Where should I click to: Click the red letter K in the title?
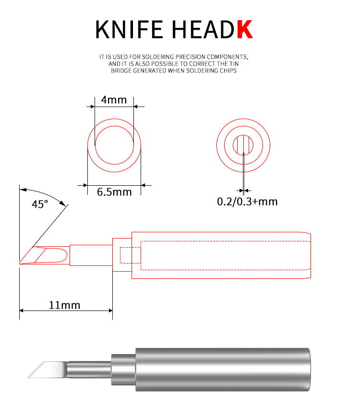click(x=245, y=29)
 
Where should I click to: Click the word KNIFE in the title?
click(x=129, y=29)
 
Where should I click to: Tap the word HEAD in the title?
click(x=203, y=29)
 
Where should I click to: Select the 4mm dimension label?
click(x=114, y=100)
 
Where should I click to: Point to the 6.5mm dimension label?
click(x=114, y=192)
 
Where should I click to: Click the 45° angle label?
click(x=40, y=204)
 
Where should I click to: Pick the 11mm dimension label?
click(x=65, y=305)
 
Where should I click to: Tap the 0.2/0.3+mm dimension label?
click(x=247, y=202)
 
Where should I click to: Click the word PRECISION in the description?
click(x=190, y=57)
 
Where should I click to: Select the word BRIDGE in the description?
click(x=121, y=71)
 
